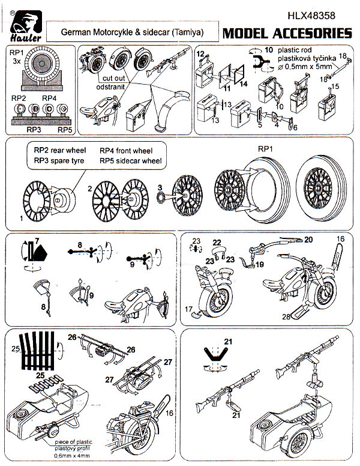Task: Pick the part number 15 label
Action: (x=336, y=86)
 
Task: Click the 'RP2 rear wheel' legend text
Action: (x=60, y=150)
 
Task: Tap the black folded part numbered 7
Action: (x=41, y=255)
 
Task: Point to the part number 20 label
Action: (x=308, y=239)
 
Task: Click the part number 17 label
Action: (x=188, y=310)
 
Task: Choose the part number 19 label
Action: (x=259, y=264)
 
